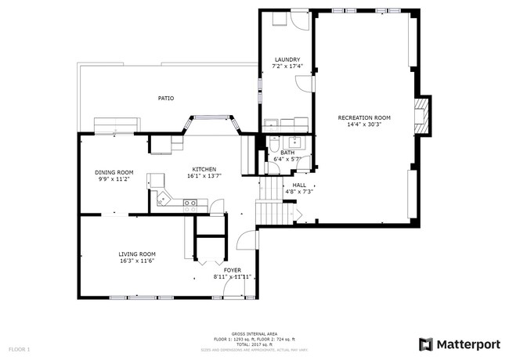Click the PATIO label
(165, 98)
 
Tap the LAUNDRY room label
(287, 59)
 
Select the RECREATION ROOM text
(363, 117)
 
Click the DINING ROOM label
(114, 172)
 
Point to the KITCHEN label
(204, 169)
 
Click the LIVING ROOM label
(137, 254)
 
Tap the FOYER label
(233, 270)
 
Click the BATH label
(287, 153)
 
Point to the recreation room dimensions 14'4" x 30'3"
(363, 124)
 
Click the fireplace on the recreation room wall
(422, 116)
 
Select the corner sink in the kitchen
(161, 199)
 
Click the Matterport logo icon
(425, 344)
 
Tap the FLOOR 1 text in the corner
(19, 347)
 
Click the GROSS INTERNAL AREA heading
(254, 333)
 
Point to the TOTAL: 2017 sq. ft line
(254, 343)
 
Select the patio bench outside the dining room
(115, 125)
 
